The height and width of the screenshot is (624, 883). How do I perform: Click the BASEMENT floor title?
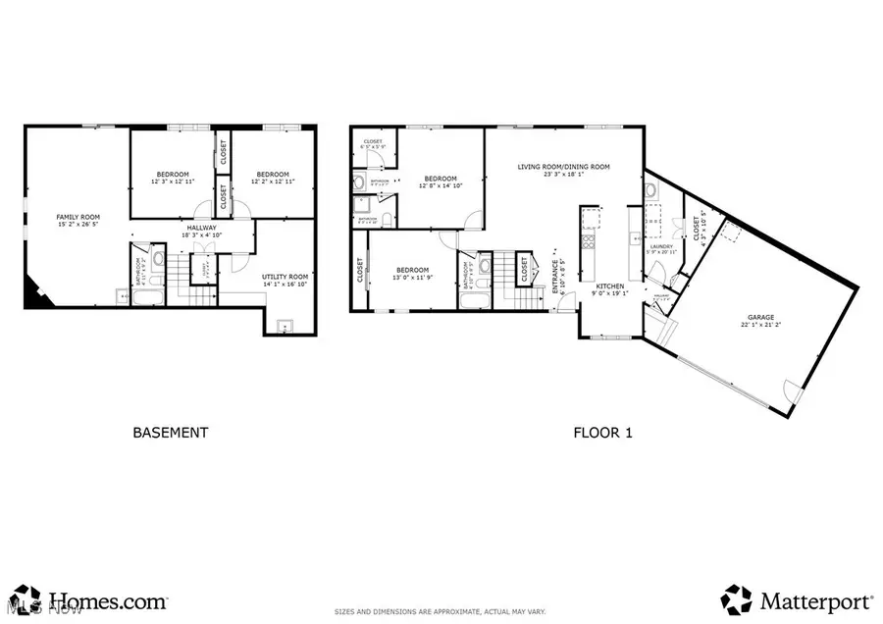click(170, 432)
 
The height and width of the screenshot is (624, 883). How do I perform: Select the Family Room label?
click(78, 217)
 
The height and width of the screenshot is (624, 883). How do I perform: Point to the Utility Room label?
click(285, 277)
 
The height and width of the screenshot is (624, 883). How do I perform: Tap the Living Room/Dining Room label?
click(563, 167)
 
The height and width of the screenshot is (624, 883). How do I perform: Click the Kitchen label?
click(609, 285)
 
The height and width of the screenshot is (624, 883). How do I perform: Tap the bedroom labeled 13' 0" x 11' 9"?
click(413, 274)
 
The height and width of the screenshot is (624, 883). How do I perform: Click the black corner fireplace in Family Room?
click(35, 294)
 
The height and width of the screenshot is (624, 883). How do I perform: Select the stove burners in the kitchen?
click(590, 239)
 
